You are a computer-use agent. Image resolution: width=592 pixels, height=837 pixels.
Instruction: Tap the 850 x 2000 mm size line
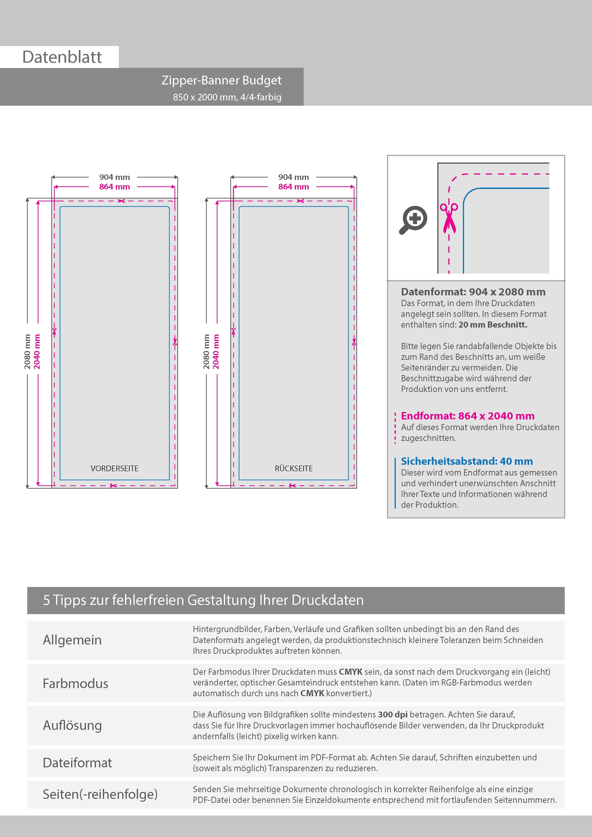[227, 97]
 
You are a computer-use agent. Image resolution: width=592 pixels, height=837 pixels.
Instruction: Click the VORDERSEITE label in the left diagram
[115, 468]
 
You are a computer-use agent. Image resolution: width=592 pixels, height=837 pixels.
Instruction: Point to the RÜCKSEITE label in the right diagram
[294, 468]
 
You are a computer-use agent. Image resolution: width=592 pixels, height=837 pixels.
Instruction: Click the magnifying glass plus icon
[413, 220]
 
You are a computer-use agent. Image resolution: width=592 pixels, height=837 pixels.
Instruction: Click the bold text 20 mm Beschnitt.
[493, 325]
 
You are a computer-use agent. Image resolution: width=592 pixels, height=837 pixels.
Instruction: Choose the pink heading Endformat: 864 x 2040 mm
[468, 416]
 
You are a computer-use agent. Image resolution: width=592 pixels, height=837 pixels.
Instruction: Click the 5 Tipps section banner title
[203, 600]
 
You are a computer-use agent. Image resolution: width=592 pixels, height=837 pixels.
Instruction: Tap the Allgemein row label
[72, 640]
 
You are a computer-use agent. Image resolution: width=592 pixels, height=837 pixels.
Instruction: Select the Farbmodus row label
[75, 684]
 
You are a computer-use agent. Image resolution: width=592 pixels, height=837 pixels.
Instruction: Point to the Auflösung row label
[72, 725]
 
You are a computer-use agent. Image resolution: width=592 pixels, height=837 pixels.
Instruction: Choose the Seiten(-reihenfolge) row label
[100, 794]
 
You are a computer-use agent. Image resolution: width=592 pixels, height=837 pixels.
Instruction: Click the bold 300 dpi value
[392, 715]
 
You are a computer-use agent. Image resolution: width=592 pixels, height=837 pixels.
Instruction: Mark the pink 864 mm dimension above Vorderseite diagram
[115, 187]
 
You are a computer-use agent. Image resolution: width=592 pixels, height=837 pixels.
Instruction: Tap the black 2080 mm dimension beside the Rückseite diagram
[206, 351]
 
